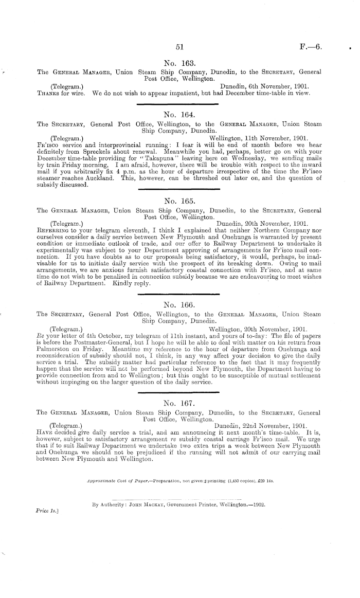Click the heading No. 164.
pos(179,114)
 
